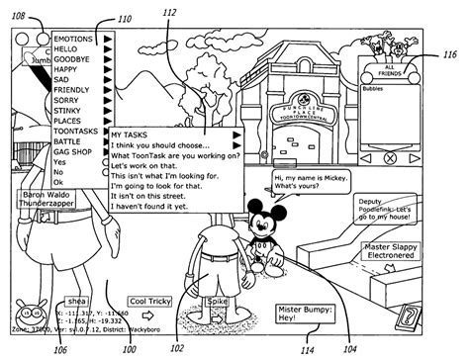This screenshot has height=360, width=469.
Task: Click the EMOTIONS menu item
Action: [x=74, y=40]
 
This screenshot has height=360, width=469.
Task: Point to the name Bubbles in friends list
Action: [x=374, y=89]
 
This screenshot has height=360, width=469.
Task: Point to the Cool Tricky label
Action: [x=151, y=302]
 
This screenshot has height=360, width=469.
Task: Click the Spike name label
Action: [x=219, y=301]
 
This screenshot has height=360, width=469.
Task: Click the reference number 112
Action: [x=170, y=12]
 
